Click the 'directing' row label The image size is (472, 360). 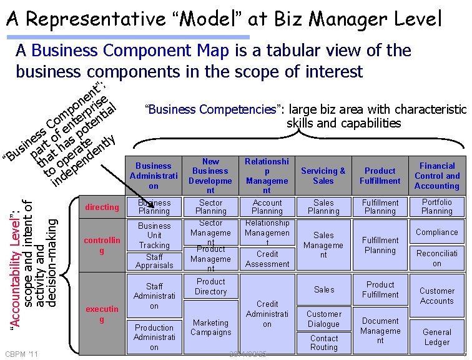tap(102, 207)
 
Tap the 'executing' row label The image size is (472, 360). tap(102, 314)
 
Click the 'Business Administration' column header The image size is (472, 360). tap(154, 176)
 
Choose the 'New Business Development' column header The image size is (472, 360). tap(210, 176)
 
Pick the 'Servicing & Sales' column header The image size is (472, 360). tap(323, 176)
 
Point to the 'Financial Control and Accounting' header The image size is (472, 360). tap(437, 176)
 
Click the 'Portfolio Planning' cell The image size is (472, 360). tap(437, 207)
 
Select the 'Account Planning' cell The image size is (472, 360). tap(267, 207)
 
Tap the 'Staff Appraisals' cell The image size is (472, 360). tap(154, 261)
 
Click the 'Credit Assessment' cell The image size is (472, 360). tap(267, 259)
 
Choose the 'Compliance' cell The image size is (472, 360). tap(437, 232)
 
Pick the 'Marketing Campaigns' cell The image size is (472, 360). tap(210, 327)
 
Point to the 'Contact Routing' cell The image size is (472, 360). tap(324, 342)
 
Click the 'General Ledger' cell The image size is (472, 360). tap(437, 337)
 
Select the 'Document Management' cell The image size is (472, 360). tap(380, 331)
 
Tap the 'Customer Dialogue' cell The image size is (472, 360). tap(324, 319)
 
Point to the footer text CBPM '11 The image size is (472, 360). tap(22, 354)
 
